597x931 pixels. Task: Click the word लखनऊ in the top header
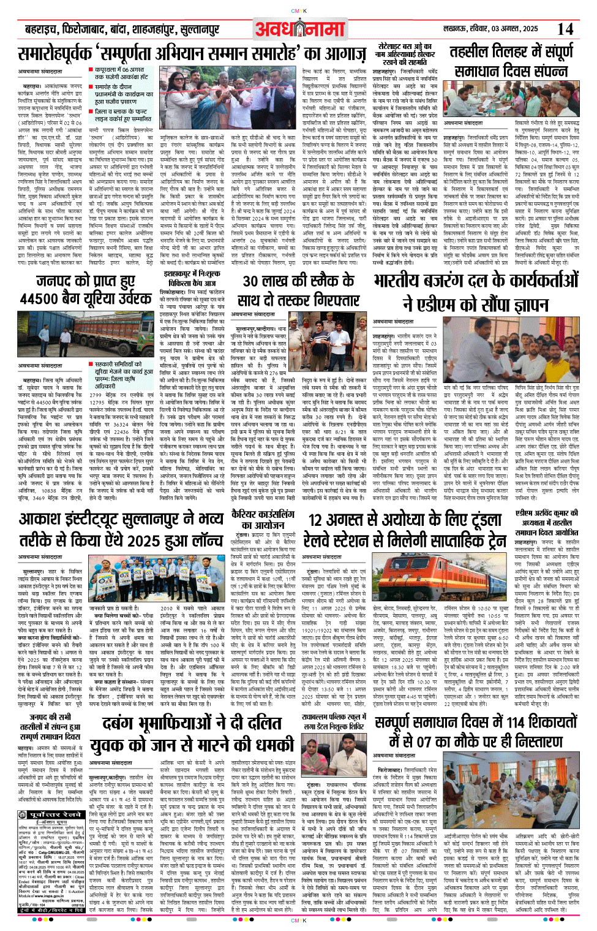point(453,29)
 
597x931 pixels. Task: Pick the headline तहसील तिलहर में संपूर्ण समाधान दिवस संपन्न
point(512,62)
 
